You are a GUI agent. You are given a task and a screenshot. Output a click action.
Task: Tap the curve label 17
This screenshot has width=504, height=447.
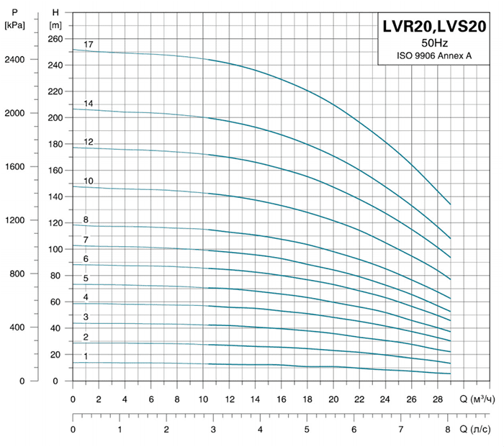pyautogui.click(x=89, y=45)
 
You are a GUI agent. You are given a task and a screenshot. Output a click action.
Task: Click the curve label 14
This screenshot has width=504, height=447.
pyautogui.click(x=89, y=104)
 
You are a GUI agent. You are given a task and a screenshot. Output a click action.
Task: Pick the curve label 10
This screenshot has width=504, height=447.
pyautogui.click(x=89, y=181)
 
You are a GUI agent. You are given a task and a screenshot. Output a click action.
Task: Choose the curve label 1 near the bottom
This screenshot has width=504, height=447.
pyautogui.click(x=86, y=356)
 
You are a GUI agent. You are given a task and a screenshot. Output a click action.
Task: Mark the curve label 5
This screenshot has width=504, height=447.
pyautogui.click(x=86, y=279)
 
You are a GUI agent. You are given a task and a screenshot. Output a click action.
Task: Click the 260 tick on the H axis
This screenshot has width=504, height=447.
pyautogui.click(x=55, y=39)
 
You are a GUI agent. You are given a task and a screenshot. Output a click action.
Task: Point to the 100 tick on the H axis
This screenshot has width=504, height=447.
pyautogui.click(x=55, y=250)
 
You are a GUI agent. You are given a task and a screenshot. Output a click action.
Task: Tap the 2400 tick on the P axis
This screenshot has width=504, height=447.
pyautogui.click(x=15, y=60)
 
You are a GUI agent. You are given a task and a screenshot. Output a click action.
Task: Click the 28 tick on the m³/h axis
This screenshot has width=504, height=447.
pyautogui.click(x=437, y=399)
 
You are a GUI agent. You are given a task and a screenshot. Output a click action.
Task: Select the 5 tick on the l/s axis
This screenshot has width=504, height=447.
pyautogui.click(x=307, y=430)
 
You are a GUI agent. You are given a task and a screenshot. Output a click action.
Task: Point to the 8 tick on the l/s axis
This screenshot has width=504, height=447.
pyautogui.click(x=448, y=430)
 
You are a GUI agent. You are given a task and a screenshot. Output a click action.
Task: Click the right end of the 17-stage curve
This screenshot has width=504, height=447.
pyautogui.click(x=450, y=204)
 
